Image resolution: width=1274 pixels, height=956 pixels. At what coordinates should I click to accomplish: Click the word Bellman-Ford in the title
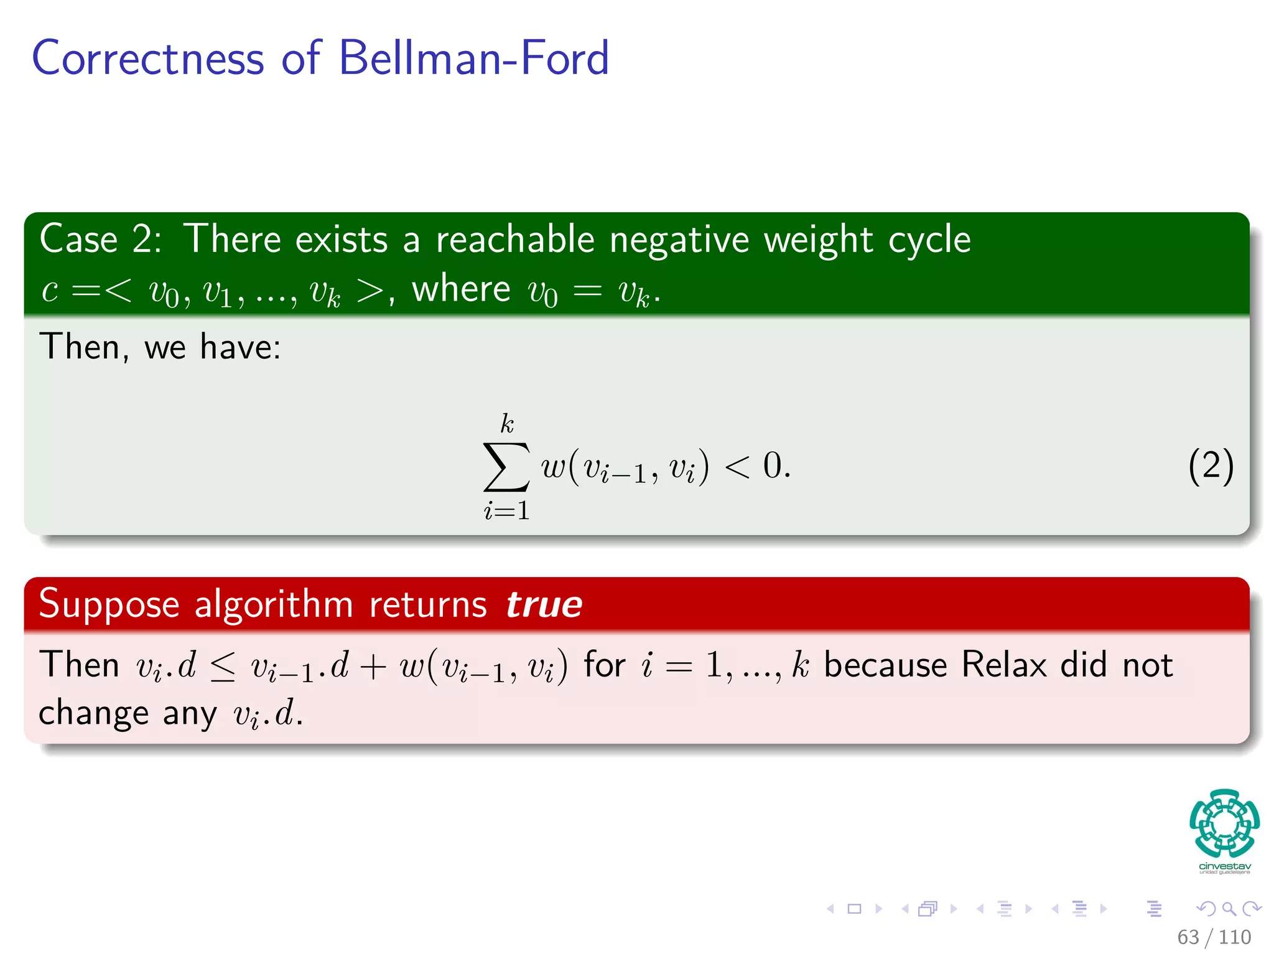pyautogui.click(x=473, y=58)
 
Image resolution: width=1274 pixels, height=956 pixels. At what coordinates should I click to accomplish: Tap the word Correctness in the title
pyautogui.click(x=148, y=58)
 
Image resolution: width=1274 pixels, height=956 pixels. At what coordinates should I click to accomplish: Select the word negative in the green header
pyautogui.click(x=679, y=240)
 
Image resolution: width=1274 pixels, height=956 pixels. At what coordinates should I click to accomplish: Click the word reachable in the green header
pyautogui.click(x=515, y=240)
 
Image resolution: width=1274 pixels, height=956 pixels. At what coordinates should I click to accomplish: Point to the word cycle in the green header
pyautogui.click(x=929, y=241)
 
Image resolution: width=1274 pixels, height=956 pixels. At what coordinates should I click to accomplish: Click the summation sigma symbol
pyautogui.click(x=506, y=467)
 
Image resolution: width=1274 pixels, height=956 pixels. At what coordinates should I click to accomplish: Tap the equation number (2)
pyautogui.click(x=1211, y=466)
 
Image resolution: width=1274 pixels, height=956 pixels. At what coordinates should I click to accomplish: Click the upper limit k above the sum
pyautogui.click(x=507, y=424)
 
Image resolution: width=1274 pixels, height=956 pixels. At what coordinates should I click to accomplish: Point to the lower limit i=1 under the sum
pyautogui.click(x=506, y=511)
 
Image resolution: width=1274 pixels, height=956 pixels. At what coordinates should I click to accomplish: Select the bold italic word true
pyautogui.click(x=544, y=604)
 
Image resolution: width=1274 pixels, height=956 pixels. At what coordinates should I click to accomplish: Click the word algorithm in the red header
pyautogui.click(x=274, y=604)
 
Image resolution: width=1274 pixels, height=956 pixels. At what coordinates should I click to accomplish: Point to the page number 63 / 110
pyautogui.click(x=1214, y=937)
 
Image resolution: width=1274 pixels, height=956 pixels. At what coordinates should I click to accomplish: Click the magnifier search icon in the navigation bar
pyautogui.click(x=1229, y=909)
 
